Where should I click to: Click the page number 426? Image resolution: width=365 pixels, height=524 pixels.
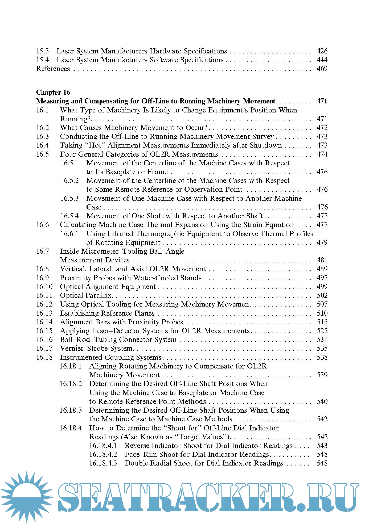(322, 51)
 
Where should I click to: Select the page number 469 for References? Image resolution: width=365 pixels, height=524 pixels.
(322, 69)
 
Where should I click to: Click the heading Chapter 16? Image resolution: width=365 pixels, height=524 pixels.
(53, 92)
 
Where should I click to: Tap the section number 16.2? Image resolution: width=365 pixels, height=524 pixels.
(43, 128)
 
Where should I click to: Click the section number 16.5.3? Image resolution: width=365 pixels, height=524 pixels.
(69, 198)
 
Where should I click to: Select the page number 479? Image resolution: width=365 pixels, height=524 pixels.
(322, 242)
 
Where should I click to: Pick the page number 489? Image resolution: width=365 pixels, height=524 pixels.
(322, 269)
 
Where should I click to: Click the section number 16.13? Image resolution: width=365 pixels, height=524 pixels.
(44, 313)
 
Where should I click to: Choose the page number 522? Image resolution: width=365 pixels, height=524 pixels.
(322, 331)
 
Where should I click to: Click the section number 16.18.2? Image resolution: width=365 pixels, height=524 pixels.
(71, 384)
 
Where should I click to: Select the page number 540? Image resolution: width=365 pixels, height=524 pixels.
(322, 401)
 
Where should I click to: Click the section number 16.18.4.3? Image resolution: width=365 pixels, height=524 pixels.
(103, 463)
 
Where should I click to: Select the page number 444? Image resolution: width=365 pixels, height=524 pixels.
(322, 60)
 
